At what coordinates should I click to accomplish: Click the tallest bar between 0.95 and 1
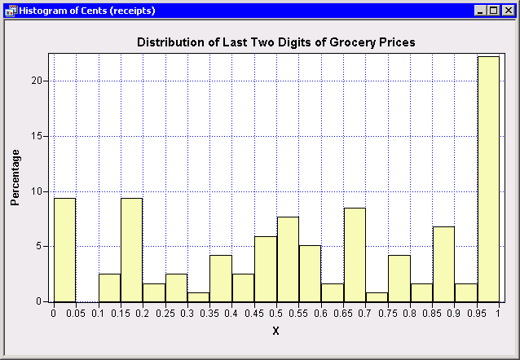487,179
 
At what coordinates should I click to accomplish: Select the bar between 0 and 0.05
64,249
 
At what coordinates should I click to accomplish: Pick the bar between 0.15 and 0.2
131,249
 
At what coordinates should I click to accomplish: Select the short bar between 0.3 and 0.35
198,296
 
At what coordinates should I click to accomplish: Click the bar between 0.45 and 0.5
265,269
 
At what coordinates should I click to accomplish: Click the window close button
508,11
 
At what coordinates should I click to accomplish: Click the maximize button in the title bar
495,11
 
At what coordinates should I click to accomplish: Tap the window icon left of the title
9,11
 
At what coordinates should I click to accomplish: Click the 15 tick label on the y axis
37,136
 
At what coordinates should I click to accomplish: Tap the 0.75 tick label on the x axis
387,313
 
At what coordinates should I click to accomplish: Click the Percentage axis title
15,177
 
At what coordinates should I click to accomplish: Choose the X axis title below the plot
275,331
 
